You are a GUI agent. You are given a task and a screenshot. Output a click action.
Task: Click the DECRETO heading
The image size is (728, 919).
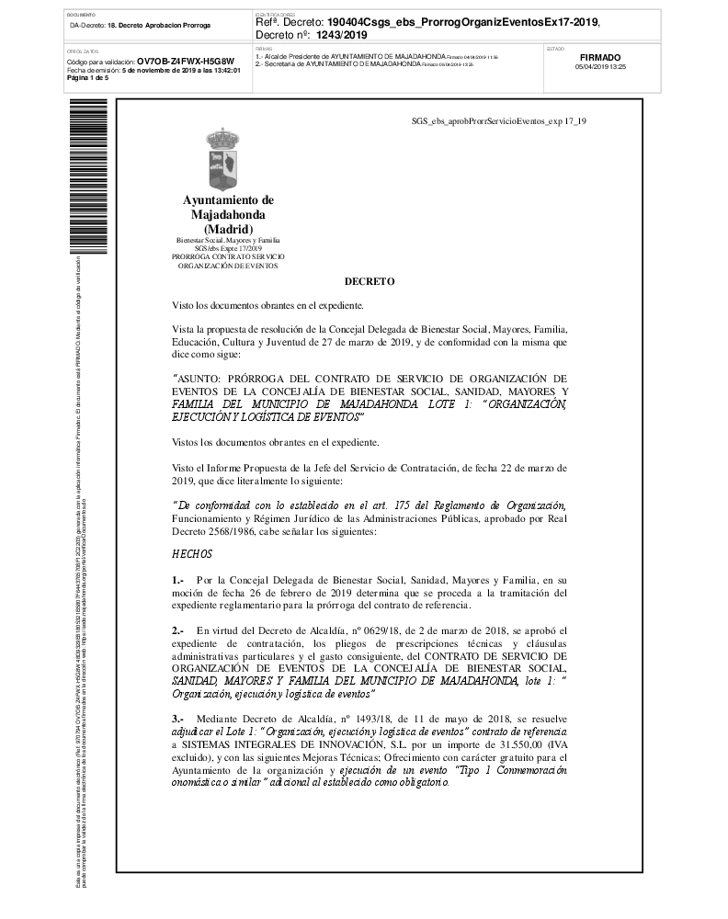[x=370, y=282]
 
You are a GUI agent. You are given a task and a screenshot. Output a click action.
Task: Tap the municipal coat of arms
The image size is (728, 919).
[x=227, y=160]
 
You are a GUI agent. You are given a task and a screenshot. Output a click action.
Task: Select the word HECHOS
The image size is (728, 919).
[x=192, y=554]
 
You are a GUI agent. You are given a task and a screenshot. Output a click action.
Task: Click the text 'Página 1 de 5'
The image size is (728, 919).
[x=87, y=77]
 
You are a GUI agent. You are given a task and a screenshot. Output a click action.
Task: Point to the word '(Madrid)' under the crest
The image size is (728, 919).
[x=227, y=229]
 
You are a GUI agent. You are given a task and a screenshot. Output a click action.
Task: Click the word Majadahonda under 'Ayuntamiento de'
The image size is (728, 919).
[x=227, y=215]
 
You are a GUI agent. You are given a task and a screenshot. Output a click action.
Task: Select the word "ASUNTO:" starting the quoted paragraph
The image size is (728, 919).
[x=201, y=378]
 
